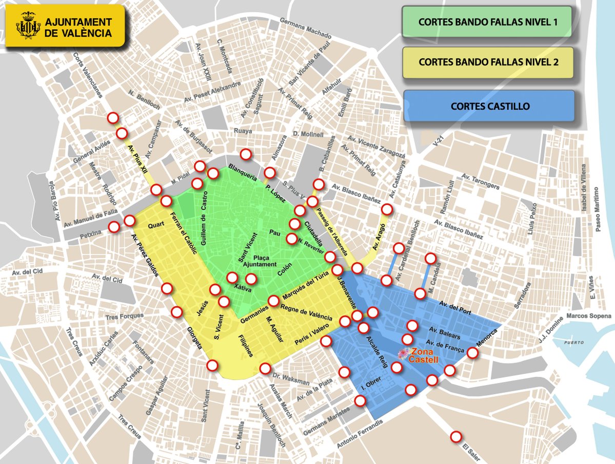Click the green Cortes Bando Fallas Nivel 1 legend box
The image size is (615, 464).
click(x=487, y=23)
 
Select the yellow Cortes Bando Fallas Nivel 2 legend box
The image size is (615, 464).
click(x=488, y=62)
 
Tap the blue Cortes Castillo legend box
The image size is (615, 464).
click(x=489, y=106)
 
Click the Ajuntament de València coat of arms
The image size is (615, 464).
click(x=27, y=26)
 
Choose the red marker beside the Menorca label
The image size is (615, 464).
click(x=473, y=352)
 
